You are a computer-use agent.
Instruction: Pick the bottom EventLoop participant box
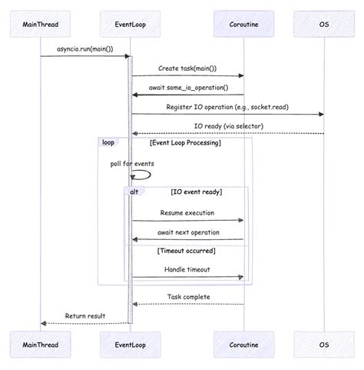tap(129, 345)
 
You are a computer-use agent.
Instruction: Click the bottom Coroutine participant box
tap(243, 345)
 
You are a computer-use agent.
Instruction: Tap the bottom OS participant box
tap(324, 345)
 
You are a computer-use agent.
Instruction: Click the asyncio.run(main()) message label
tap(84, 49)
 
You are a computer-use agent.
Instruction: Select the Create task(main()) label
tap(187, 68)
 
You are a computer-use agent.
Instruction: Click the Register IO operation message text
tap(227, 107)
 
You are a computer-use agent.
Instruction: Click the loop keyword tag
tap(108, 143)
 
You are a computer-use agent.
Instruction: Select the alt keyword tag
tap(134, 192)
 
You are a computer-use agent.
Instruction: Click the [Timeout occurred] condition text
tap(187, 250)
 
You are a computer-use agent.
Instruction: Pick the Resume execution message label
tap(187, 212)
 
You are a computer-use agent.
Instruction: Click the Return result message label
tap(84, 315)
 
